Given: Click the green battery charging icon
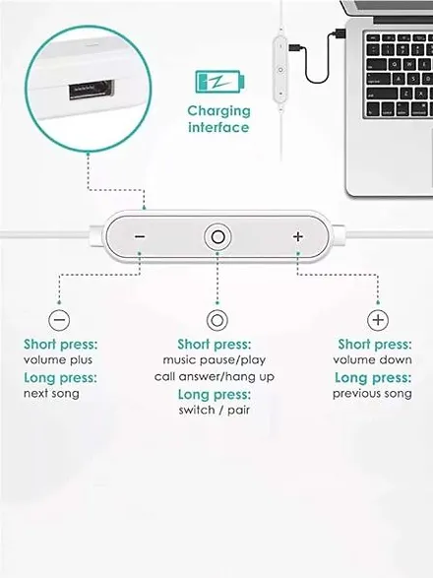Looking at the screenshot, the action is pyautogui.click(x=219, y=82).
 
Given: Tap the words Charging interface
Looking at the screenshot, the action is pyautogui.click(x=218, y=119).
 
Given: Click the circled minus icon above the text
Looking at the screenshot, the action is pyautogui.click(x=59, y=319).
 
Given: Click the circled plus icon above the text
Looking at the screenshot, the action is pyautogui.click(x=378, y=319).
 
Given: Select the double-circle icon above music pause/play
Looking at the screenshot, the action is pyautogui.click(x=217, y=320).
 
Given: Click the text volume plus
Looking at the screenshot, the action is pyautogui.click(x=58, y=359).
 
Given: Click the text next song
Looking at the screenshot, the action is pyautogui.click(x=51, y=393).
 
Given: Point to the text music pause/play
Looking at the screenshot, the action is pyautogui.click(x=215, y=359).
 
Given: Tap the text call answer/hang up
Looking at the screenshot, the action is pyautogui.click(x=215, y=377).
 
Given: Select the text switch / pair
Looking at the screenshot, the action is pyautogui.click(x=215, y=410).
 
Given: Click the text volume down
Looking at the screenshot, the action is pyautogui.click(x=372, y=359).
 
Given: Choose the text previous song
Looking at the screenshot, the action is pyautogui.click(x=372, y=393).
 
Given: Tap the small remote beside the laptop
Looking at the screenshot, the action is pyautogui.click(x=280, y=69).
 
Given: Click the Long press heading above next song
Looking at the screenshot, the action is pyautogui.click(x=60, y=378).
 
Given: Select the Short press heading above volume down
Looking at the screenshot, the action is pyautogui.click(x=375, y=345).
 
